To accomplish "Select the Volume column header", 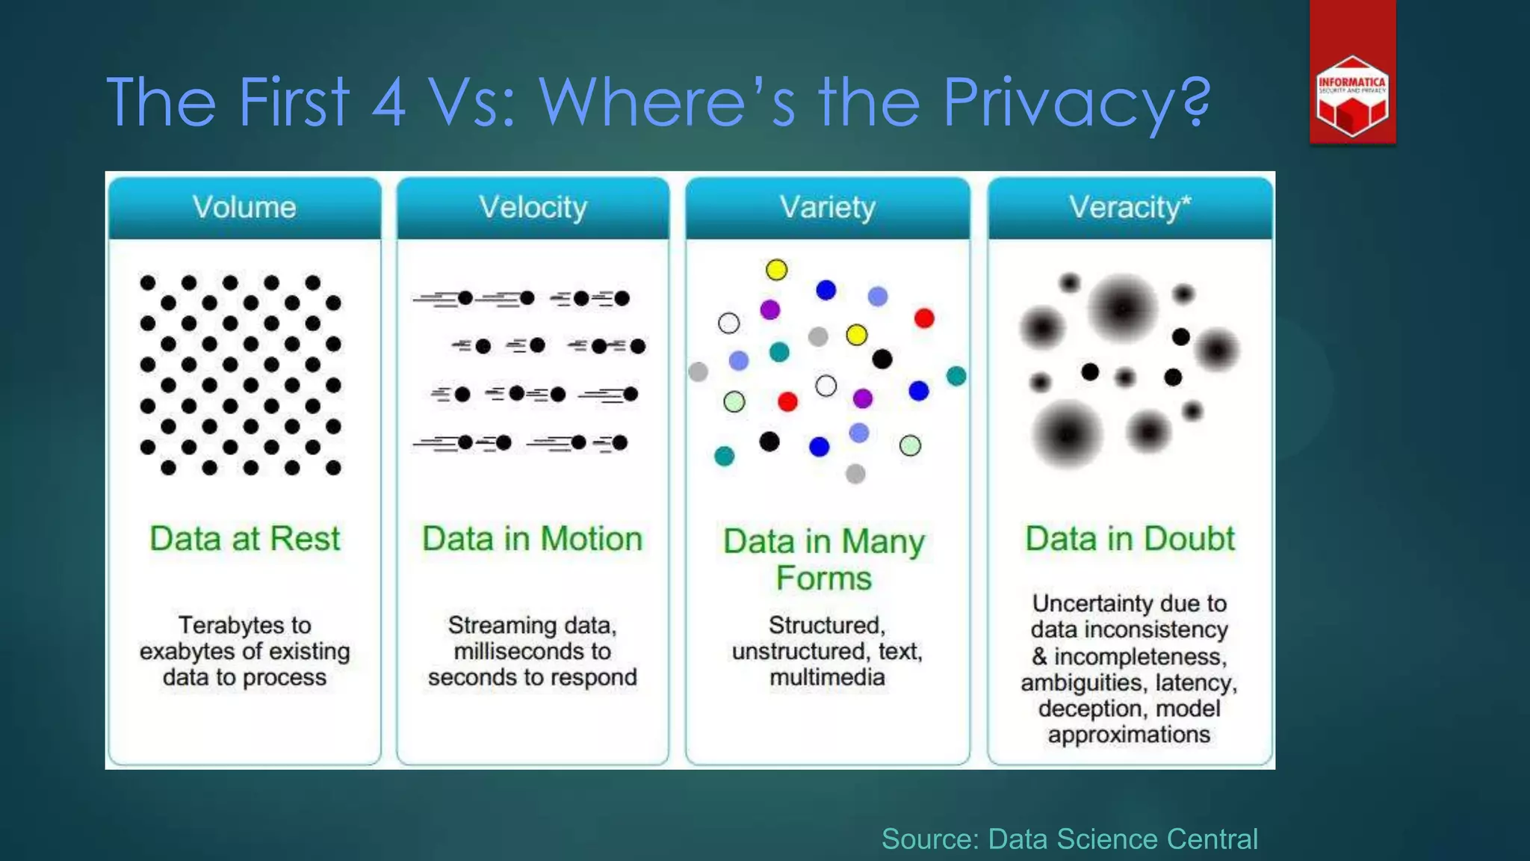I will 244,207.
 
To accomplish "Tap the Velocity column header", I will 533,207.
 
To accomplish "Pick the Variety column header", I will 827,207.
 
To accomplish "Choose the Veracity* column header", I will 1130,207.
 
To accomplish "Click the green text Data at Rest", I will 244,538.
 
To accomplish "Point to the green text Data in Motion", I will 532,538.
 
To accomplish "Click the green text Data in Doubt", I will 1130,538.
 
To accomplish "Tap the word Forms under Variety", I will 823,578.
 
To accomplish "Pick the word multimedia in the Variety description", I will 827,677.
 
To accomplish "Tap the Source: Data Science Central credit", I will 1069,839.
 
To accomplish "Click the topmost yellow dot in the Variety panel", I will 776,270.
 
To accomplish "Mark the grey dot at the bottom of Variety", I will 855,473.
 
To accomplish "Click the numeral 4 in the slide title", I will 388,102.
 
